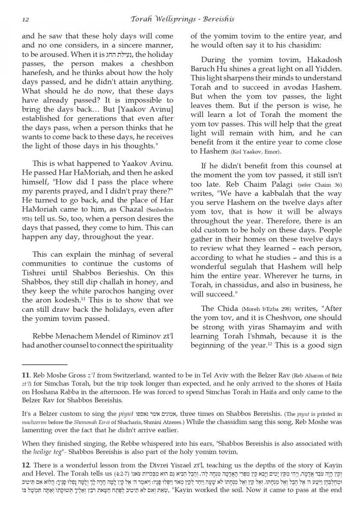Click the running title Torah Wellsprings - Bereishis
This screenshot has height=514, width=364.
coord(182,19)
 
